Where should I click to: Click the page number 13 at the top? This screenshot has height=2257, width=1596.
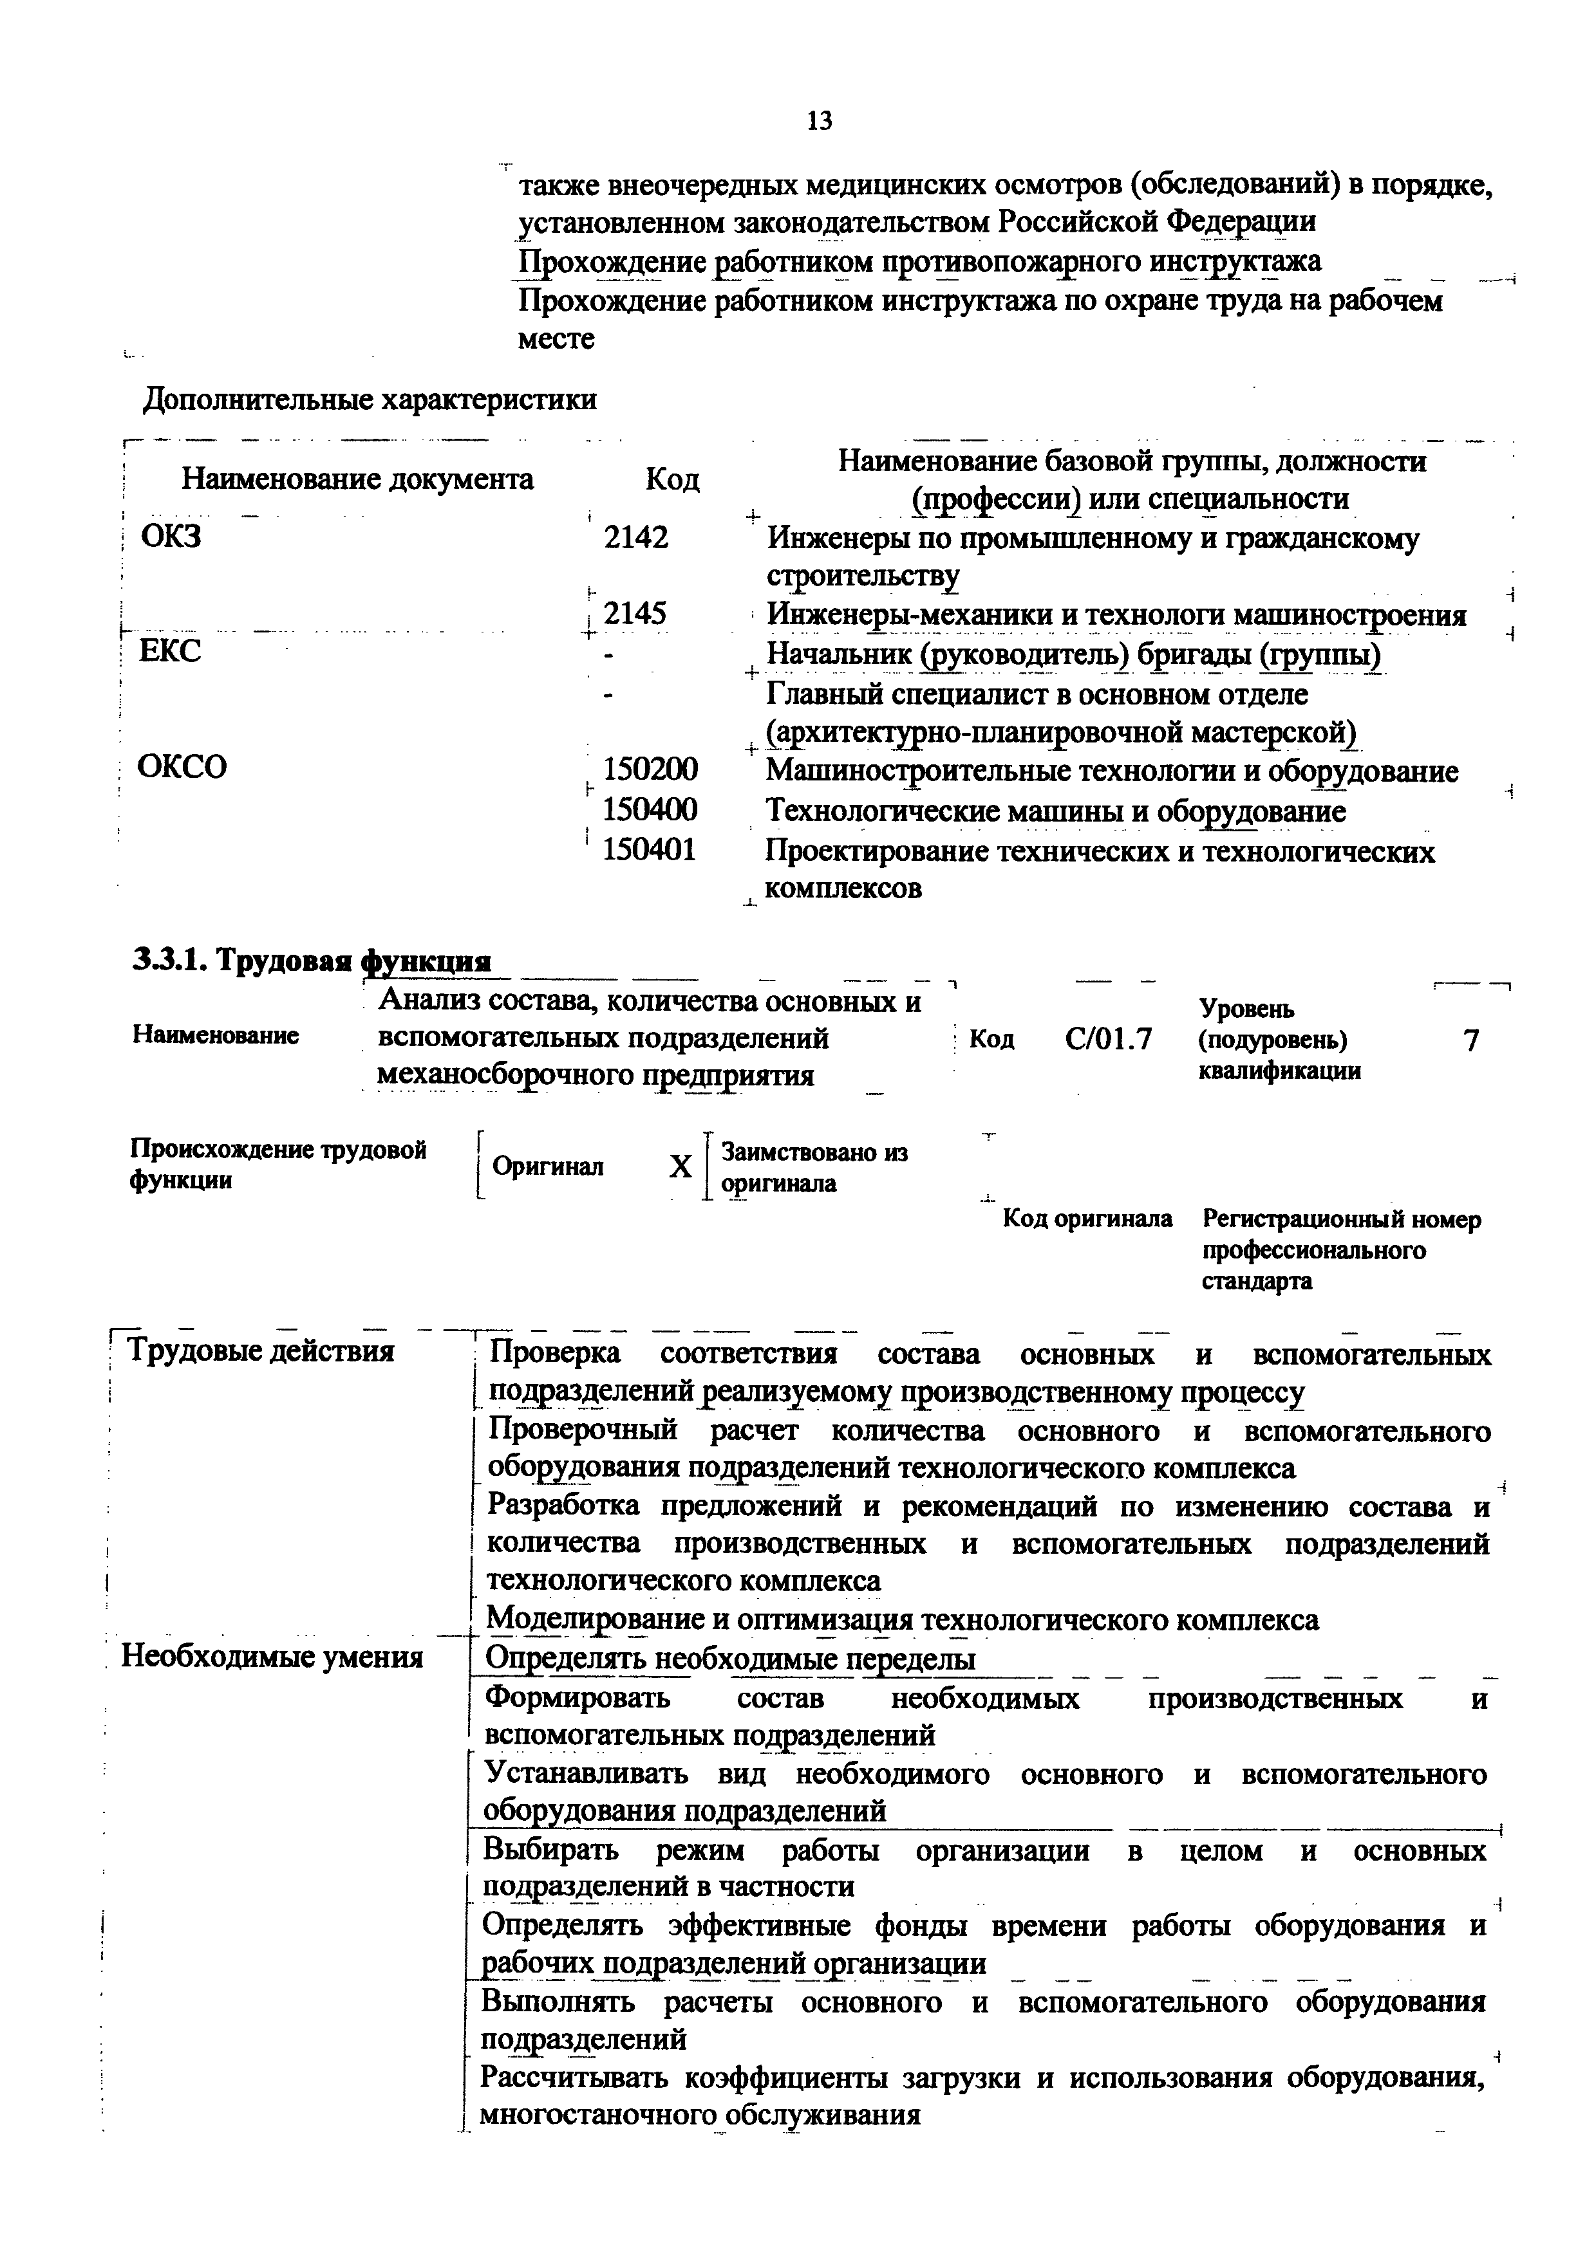[x=818, y=121]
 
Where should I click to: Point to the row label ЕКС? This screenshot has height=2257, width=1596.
[x=170, y=650]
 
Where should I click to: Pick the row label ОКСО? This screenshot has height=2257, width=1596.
[x=182, y=766]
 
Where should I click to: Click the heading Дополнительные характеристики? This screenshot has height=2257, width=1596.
[x=370, y=399]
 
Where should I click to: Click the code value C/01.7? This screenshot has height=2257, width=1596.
[x=1108, y=1039]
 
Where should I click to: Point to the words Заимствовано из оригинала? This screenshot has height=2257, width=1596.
[x=813, y=1167]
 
